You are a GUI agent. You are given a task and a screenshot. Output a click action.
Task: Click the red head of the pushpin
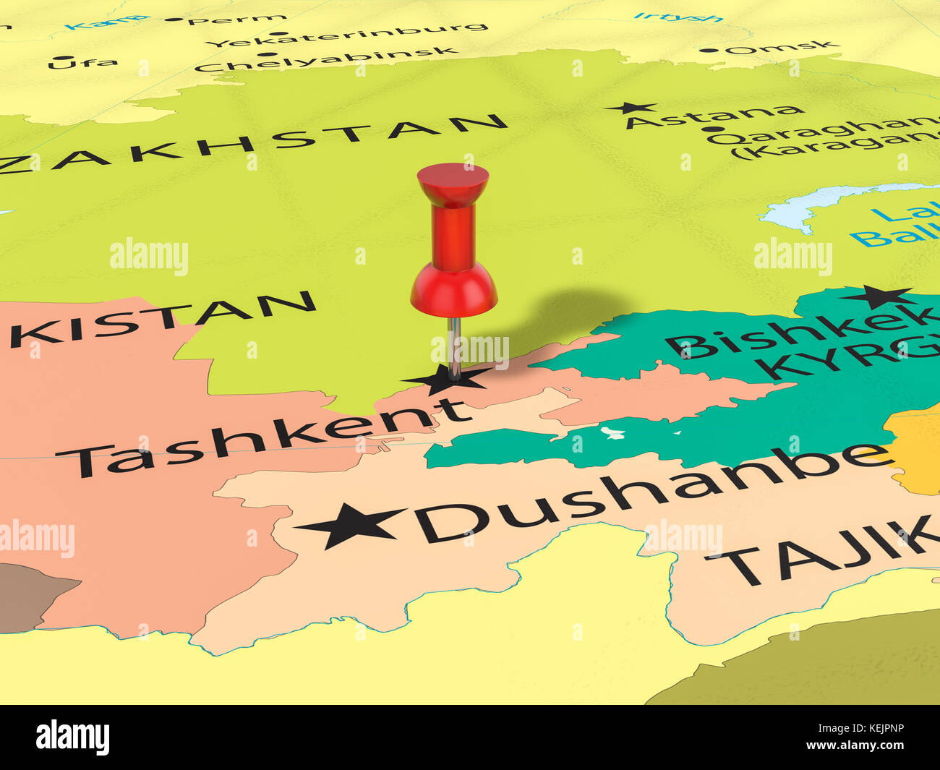[x=453, y=239]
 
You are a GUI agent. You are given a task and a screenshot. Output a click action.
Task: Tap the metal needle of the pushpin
[x=454, y=347]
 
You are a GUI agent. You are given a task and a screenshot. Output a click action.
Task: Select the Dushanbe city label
[x=651, y=492]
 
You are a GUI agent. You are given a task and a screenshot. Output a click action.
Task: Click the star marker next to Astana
[x=631, y=108]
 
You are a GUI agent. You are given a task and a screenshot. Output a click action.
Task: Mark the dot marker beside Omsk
[x=714, y=51]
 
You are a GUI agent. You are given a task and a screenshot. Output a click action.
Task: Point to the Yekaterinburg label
[x=347, y=35]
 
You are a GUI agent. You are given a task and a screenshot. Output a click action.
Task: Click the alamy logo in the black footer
[x=72, y=737]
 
